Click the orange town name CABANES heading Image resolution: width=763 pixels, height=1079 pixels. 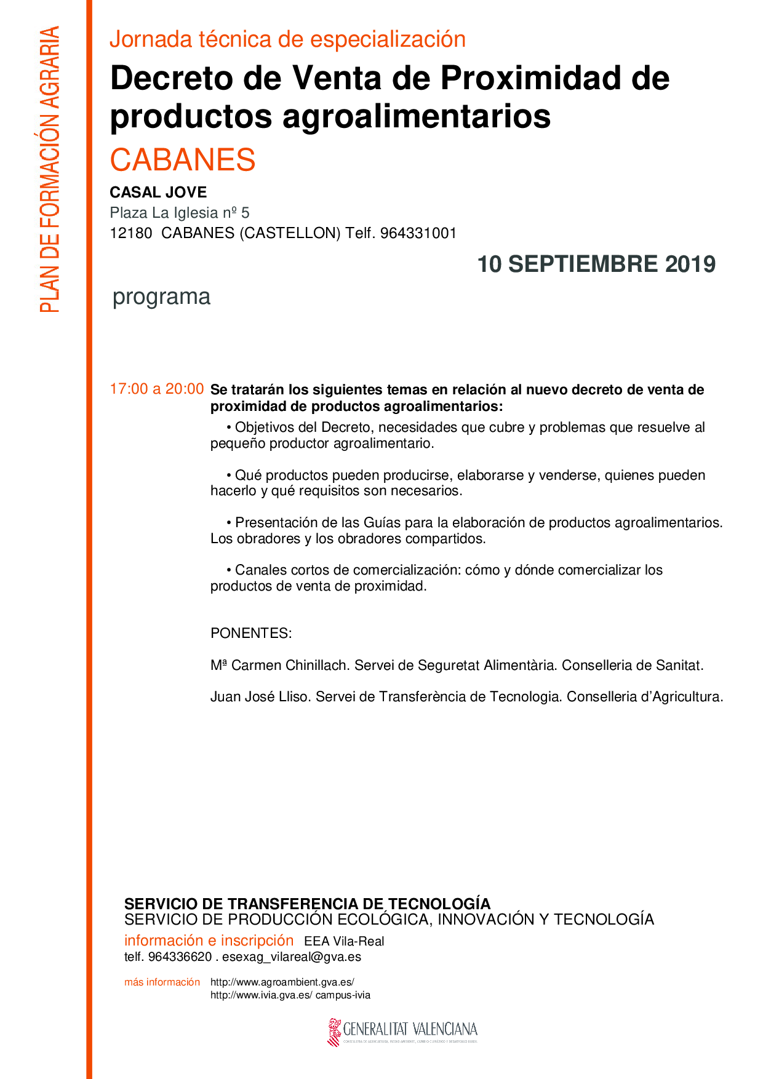(x=182, y=160)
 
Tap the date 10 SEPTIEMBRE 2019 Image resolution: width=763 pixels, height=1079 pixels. (x=596, y=264)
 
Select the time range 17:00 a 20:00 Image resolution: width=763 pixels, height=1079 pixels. (x=156, y=389)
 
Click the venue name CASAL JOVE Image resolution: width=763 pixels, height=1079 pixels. (x=158, y=193)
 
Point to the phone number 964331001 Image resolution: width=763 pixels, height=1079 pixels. (x=418, y=233)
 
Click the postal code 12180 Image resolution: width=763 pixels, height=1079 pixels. (x=131, y=233)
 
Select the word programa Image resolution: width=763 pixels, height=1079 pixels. (x=161, y=297)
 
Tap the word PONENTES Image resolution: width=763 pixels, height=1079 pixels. (x=251, y=634)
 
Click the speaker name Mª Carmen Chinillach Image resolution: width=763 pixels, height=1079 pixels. (x=280, y=666)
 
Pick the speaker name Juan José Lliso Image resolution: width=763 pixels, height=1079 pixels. (x=260, y=697)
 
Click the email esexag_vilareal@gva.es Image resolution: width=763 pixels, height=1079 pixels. (x=292, y=957)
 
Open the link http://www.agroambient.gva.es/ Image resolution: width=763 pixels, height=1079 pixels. (x=282, y=982)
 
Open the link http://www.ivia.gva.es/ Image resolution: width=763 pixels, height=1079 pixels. (x=261, y=995)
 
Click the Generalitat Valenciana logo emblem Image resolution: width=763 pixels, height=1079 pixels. (x=334, y=1032)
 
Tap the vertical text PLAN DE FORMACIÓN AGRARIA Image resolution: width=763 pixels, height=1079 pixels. (x=50, y=169)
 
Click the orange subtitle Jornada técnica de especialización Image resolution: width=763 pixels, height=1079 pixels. (x=287, y=39)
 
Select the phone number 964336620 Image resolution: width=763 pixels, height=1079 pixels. (x=180, y=957)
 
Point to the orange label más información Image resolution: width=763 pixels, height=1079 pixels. (x=162, y=982)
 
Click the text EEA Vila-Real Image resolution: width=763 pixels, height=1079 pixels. (x=344, y=941)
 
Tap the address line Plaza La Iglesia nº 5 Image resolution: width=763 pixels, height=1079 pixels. (x=179, y=213)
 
